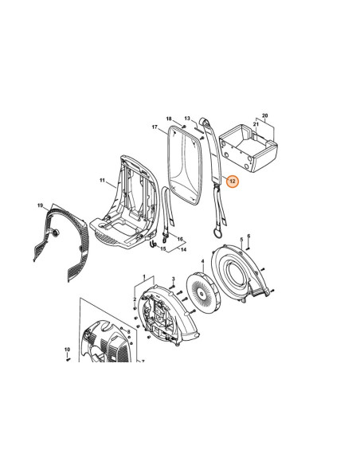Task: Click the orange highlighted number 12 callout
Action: coord(233,181)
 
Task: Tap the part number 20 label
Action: coord(264,115)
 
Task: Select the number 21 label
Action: coord(256,124)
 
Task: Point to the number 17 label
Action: coord(155,127)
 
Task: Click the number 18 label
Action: coord(169,119)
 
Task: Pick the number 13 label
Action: coord(187,119)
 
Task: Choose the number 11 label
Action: coord(102,180)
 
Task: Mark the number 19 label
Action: coord(41,205)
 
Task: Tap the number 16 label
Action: coord(180,240)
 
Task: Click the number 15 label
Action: coord(163,248)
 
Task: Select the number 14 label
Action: coord(183,250)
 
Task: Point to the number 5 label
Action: coord(241,239)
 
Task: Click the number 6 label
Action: coord(248,236)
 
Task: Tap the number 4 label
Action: coord(203,261)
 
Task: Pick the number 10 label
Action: coord(68,350)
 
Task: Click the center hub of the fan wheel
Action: coord(202,294)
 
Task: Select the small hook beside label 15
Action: coord(153,244)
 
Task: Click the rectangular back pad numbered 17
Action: coord(185,165)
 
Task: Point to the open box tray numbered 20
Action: coord(248,148)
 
